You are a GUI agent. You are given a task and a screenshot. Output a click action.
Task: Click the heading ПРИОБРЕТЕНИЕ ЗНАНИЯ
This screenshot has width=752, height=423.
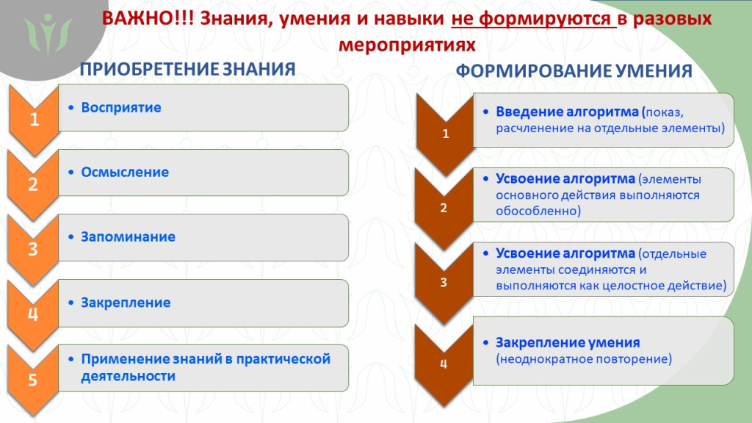(x=187, y=70)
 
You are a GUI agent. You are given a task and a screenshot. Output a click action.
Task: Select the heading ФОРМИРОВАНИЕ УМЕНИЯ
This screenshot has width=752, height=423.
(x=574, y=71)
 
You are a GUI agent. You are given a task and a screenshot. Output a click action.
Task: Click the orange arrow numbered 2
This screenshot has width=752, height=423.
(x=34, y=184)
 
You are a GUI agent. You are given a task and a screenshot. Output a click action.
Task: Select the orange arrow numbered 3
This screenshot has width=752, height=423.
(x=34, y=248)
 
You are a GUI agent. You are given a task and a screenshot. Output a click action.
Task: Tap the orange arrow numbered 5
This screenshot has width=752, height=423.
(x=34, y=379)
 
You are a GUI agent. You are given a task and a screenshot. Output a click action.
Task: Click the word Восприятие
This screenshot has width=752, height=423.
(x=121, y=108)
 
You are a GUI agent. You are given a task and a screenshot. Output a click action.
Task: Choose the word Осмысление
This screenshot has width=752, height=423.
(x=125, y=173)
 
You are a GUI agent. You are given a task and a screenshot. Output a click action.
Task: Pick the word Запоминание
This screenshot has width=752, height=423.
(x=129, y=238)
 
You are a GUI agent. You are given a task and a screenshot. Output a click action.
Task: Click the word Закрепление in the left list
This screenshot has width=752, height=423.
(x=126, y=303)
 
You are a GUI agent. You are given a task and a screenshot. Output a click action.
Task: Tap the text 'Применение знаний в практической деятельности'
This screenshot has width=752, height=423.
(x=206, y=367)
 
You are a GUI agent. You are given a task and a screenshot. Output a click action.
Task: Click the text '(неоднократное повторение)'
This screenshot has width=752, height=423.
(x=584, y=360)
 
